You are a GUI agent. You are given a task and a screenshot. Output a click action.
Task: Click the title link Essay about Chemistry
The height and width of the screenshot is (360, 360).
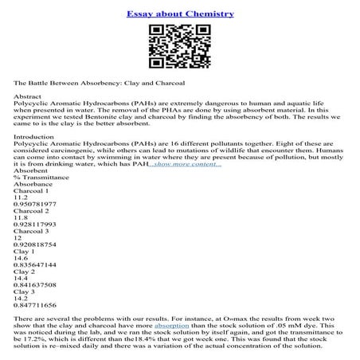[x=179, y=14]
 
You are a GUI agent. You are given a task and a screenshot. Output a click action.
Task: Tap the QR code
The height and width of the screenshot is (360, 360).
[x=179, y=48]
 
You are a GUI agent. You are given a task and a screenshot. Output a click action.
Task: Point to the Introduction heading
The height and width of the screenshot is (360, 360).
[x=36, y=136]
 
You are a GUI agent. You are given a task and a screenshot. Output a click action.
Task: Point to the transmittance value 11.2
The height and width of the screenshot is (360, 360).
[x=22, y=193]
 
